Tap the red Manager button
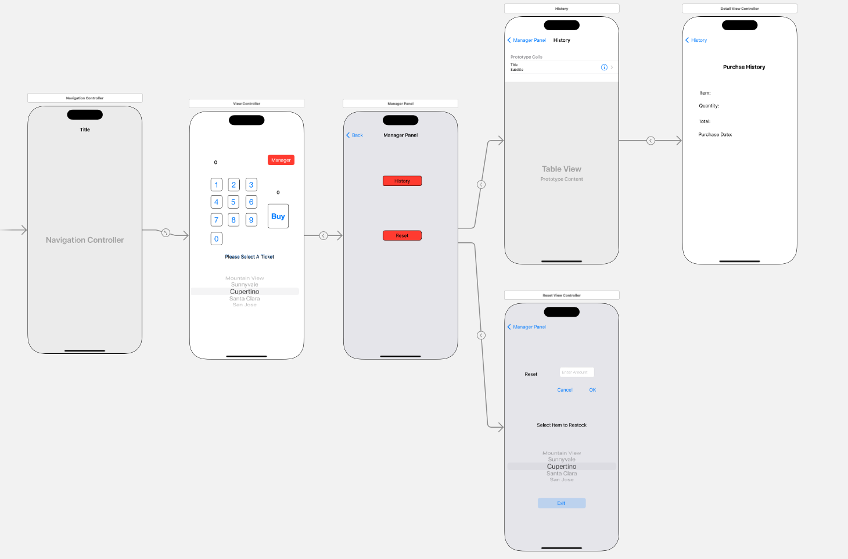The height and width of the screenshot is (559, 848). coord(281,160)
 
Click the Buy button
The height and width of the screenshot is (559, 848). coord(278,216)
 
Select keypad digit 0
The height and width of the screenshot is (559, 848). coord(216,238)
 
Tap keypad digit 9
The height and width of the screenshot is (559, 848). coord(251,220)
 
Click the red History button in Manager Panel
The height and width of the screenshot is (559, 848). coord(402,181)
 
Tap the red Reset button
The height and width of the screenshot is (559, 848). coord(402,235)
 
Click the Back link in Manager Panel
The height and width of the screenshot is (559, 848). coord(355,135)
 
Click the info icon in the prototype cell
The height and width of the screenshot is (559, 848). coord(604,67)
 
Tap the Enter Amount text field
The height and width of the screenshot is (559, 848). coord(576,372)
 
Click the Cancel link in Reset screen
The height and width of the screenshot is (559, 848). coord(565,390)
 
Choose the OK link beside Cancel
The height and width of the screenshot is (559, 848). coord(592,390)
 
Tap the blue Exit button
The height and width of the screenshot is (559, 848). coord(561,503)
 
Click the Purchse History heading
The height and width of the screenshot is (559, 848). coord(744,67)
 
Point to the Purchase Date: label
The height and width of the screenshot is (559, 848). coord(715,134)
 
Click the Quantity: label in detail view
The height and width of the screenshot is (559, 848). coord(709,106)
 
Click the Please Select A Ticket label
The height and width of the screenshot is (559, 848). coord(250,256)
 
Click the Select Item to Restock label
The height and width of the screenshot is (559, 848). coord(562,425)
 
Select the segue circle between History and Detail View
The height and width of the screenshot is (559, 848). coord(651,141)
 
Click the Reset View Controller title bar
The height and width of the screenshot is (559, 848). coord(562,295)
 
